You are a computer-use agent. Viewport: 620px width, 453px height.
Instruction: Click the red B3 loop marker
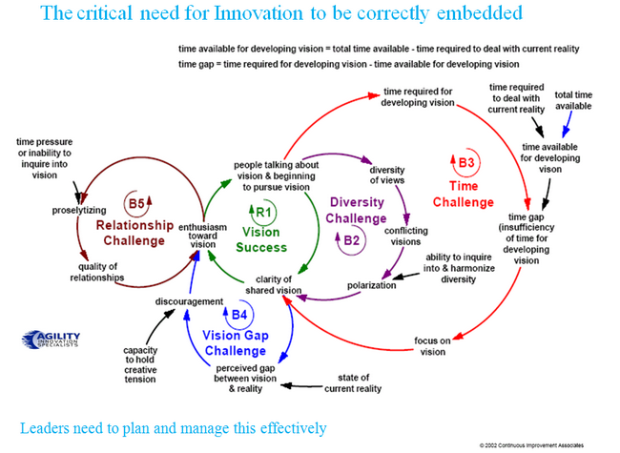point(464,164)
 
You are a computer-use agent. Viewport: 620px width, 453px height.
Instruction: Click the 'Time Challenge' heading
point(463,195)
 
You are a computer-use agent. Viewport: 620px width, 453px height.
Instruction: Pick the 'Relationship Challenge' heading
point(134,233)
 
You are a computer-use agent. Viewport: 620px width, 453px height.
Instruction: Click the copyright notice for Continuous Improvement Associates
point(544,444)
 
